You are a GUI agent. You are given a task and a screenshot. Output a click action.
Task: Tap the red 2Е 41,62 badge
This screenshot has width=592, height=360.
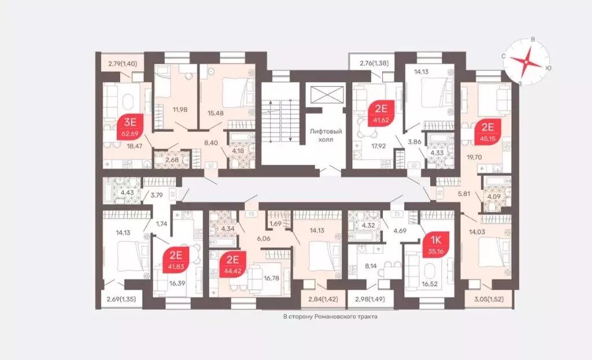click(381, 113)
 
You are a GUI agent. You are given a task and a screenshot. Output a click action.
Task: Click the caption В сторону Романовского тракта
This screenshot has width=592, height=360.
click(333, 317)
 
